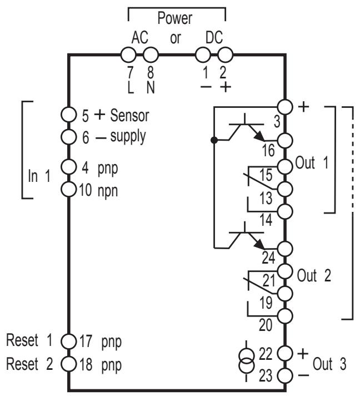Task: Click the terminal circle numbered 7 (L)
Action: tap(128, 55)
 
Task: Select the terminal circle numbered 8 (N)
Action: tap(151, 55)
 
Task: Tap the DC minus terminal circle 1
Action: tap(203, 55)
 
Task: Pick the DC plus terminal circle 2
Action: tap(225, 55)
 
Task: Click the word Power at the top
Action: tap(174, 18)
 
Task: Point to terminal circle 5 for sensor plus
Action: tap(68, 115)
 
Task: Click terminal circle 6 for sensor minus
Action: tap(68, 137)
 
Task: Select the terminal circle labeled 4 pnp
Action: tap(68, 167)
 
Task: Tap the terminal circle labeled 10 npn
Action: tap(68, 189)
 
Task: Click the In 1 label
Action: tap(39, 176)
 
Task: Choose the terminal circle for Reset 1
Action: tap(68, 341)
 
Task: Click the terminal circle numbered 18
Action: tap(68, 364)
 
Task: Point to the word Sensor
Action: tap(129, 116)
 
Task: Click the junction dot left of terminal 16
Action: tap(214, 140)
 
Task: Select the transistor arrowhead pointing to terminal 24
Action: tap(259, 245)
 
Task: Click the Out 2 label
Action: tap(314, 275)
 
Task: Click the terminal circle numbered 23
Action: tap(285, 375)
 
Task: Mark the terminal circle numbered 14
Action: tap(285, 211)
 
